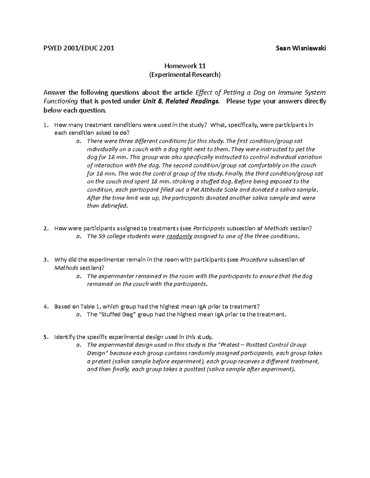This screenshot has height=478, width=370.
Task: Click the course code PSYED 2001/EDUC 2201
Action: [x=79, y=48]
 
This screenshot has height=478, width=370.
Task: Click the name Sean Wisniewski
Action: [x=301, y=48]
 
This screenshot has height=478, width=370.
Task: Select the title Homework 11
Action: [x=185, y=66]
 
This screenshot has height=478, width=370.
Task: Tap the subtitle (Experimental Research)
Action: [x=185, y=74]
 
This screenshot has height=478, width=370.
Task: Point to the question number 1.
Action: [x=46, y=125]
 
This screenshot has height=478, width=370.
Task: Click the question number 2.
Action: [x=46, y=228]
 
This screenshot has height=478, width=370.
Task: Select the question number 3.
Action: [x=46, y=259]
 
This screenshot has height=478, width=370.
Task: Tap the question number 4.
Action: [x=46, y=307]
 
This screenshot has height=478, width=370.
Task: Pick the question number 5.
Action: [x=46, y=337]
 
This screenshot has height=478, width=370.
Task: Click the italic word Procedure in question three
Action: [x=253, y=259]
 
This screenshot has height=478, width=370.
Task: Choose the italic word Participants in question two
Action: [x=209, y=228]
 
